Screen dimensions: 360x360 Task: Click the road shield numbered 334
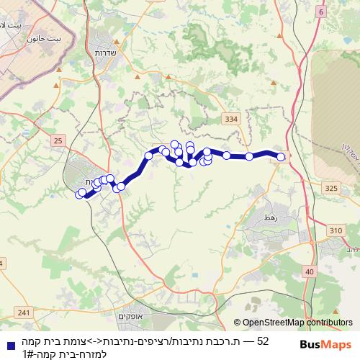pos(230,118)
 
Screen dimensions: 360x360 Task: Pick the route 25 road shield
pos(58,138)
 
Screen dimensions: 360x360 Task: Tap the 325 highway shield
pos(330,188)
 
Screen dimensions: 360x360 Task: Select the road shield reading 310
pos(336,230)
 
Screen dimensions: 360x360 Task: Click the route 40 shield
pos(309,271)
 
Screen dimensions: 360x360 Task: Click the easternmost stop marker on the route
pos(281,157)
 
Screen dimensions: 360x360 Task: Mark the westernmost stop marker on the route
pos(79,193)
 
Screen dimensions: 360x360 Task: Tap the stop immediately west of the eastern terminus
pos(249,156)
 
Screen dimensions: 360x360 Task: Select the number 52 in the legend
pos(263,341)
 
